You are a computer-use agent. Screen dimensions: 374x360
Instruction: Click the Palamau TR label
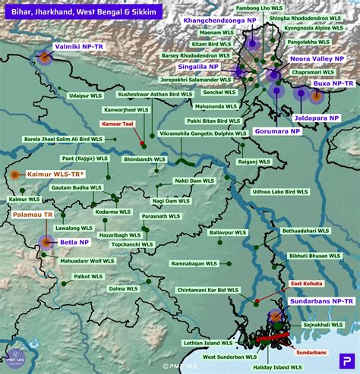point(32,215)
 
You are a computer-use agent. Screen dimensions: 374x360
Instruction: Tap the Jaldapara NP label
point(317,118)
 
